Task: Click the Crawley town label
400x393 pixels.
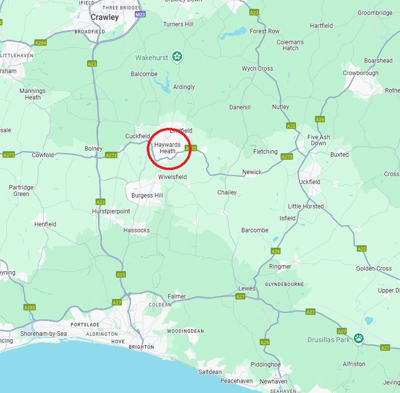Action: pyautogui.click(x=104, y=17)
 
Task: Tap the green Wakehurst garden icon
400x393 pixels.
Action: pyautogui.click(x=177, y=56)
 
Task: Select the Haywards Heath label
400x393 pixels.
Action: pyautogui.click(x=167, y=148)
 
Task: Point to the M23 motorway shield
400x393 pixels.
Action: pyautogui.click(x=140, y=14)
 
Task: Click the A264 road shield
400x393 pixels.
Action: pyautogui.click(x=41, y=43)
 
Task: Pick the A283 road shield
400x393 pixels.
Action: pyautogui.click(x=30, y=307)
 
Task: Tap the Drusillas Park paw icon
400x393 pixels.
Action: pyautogui.click(x=359, y=338)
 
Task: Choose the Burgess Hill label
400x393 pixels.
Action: pyautogui.click(x=147, y=196)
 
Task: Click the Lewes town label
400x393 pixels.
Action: pyautogui.click(x=247, y=289)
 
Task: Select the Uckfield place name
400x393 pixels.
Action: pyautogui.click(x=309, y=182)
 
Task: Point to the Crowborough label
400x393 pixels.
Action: pyautogui.click(x=360, y=73)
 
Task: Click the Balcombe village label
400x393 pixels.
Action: pyautogui.click(x=144, y=74)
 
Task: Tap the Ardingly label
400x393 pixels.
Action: pyautogui.click(x=184, y=87)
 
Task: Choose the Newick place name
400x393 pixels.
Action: pyautogui.click(x=252, y=172)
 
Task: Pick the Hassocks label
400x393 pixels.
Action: pyautogui.click(x=136, y=230)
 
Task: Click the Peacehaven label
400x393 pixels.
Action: pyautogui.click(x=236, y=381)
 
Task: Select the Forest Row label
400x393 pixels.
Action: pyautogui.click(x=264, y=31)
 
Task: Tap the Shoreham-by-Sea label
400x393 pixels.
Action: pyautogui.click(x=44, y=333)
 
